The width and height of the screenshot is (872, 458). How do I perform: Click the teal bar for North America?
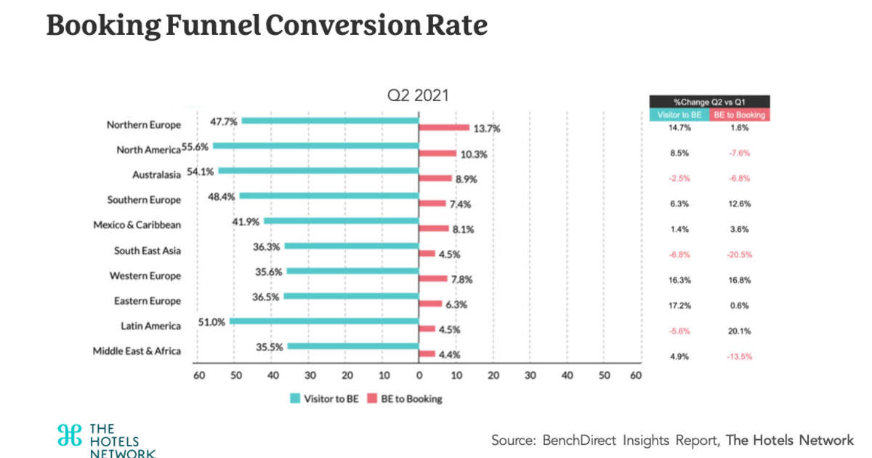pyautogui.click(x=315, y=145)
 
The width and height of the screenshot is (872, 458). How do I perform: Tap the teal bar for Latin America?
pyautogui.click(x=323, y=321)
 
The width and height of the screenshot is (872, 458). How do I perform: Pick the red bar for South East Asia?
pyautogui.click(x=427, y=254)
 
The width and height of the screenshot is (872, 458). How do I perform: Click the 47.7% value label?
pyautogui.click(x=224, y=121)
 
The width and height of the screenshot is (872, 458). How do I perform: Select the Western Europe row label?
pyautogui.click(x=145, y=276)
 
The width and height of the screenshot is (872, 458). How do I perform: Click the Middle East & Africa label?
pyautogui.click(x=137, y=351)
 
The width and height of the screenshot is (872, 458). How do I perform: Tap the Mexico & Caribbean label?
pyautogui.click(x=137, y=225)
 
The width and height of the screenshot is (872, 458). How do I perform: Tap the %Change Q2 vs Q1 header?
pyautogui.click(x=708, y=102)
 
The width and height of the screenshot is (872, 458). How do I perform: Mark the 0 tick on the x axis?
pyautogui.click(x=419, y=375)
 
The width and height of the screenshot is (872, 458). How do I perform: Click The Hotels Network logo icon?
pyautogui.click(x=70, y=435)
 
